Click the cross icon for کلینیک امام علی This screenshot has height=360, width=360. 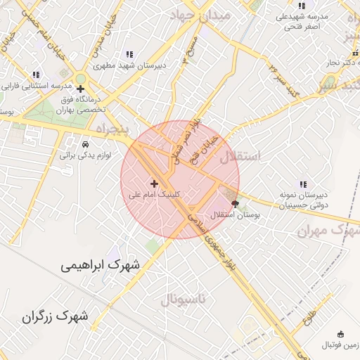click(x=154, y=184)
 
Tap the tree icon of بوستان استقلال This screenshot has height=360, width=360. click(x=234, y=205)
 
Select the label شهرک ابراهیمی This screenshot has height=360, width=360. click(x=100, y=265)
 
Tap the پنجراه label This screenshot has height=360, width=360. click(x=109, y=131)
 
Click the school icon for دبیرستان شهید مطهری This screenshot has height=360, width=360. click(x=129, y=54)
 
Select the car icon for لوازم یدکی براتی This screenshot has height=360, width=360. click(x=86, y=141)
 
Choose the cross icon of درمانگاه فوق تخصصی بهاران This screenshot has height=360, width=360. click(x=80, y=89)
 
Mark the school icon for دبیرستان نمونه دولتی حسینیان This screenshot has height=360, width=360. click(x=302, y=184)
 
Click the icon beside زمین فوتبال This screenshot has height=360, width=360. click(x=341, y=333)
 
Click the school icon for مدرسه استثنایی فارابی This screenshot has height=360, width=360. click(x=36, y=75)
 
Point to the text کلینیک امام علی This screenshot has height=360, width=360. click(x=155, y=194)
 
